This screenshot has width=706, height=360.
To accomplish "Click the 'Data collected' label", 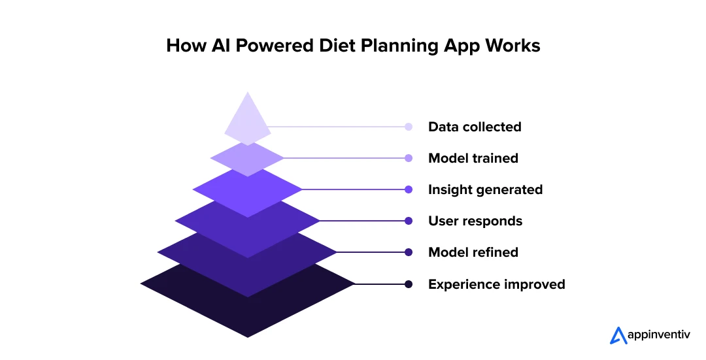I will pyautogui.click(x=475, y=127).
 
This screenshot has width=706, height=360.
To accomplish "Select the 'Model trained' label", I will pyautogui.click(x=473, y=158).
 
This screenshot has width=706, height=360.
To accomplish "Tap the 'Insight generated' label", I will pyautogui.click(x=485, y=189).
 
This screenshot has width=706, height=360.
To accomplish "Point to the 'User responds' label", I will pyautogui.click(x=475, y=221).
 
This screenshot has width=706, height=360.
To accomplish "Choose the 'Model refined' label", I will pyautogui.click(x=473, y=252).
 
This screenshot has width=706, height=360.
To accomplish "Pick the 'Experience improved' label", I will pyautogui.click(x=496, y=284).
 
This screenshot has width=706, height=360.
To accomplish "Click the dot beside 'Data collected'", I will pyautogui.click(x=409, y=127).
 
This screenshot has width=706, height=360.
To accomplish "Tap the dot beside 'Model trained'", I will pyautogui.click(x=409, y=158).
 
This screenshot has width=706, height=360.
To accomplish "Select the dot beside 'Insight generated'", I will pyautogui.click(x=409, y=189).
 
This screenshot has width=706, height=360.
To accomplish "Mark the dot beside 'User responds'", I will pyautogui.click(x=409, y=221).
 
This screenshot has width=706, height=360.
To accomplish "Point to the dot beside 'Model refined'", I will pyautogui.click(x=409, y=252).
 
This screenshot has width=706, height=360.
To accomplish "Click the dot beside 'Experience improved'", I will pyautogui.click(x=409, y=284).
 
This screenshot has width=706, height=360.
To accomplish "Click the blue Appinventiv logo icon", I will pyautogui.click(x=618, y=335).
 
